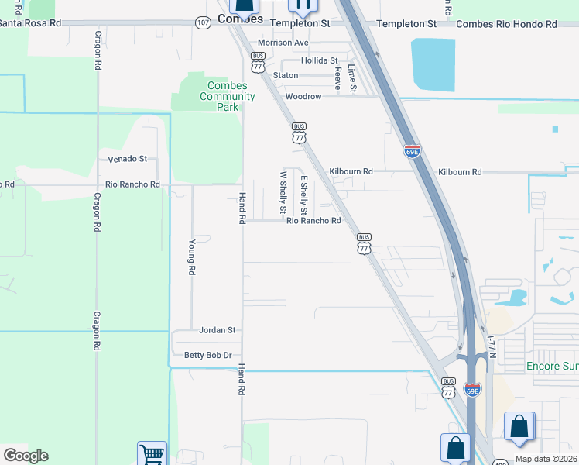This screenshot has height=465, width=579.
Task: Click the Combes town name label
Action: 240,19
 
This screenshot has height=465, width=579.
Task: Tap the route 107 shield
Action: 203,23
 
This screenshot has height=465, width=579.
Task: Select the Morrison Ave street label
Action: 283,43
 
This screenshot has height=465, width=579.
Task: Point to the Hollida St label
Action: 320,60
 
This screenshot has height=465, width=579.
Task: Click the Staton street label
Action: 286,76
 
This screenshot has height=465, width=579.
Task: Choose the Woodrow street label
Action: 303,97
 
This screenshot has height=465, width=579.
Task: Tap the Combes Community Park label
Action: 227,96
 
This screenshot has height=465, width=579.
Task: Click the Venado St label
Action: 127,159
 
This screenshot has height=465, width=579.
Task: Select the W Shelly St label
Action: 283,194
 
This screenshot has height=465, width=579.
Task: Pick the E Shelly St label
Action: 304,195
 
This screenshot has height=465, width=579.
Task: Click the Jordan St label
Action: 217,330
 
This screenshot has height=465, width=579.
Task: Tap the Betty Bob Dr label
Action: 208,355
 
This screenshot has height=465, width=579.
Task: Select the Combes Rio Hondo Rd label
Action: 506,24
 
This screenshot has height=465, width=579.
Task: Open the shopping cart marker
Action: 152,454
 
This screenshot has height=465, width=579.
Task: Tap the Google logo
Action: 26,456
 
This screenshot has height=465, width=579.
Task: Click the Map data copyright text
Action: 546,459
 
